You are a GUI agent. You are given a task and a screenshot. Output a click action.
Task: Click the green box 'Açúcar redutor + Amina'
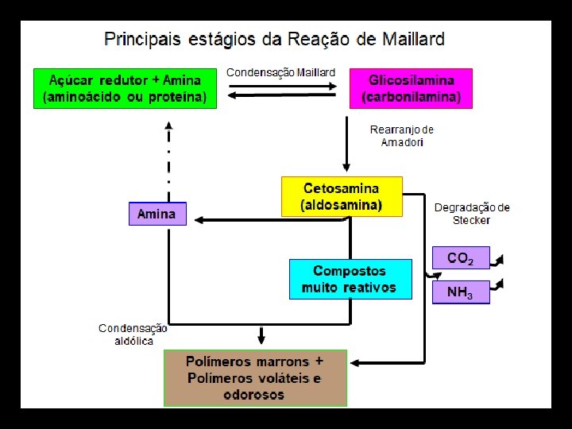click(125, 88)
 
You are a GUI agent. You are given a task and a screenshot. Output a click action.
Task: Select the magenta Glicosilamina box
click(411, 88)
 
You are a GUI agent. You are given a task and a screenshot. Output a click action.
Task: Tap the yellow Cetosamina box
click(342, 196)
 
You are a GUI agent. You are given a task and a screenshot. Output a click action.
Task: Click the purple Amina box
click(157, 214)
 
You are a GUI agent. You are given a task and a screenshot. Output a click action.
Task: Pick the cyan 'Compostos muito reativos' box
click(350, 279)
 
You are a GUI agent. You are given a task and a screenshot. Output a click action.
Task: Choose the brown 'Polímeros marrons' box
click(255, 377)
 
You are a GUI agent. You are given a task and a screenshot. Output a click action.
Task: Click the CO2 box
click(460, 258)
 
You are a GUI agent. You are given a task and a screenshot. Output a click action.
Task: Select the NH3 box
click(460, 292)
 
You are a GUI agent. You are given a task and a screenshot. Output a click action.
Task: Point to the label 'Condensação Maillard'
click(280, 72)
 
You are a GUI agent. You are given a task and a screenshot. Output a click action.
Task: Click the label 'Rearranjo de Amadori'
click(402, 135)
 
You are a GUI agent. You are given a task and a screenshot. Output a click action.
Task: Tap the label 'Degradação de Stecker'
click(472, 214)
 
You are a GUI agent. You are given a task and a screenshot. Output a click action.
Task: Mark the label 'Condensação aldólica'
click(133, 334)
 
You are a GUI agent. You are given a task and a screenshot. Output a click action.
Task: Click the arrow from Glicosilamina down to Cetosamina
click(347, 143)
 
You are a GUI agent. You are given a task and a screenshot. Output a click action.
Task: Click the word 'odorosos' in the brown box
click(253, 395)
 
